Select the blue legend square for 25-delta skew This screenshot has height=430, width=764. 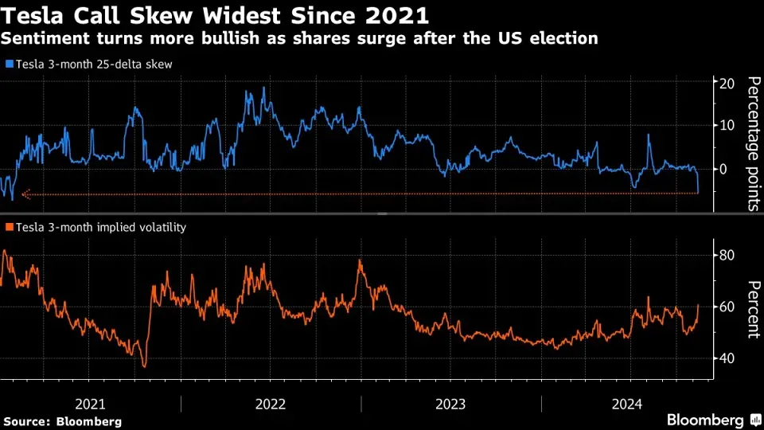pyautogui.click(x=8, y=64)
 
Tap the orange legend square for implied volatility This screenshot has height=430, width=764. pyautogui.click(x=8, y=228)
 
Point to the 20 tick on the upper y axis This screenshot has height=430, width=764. pyautogui.click(x=727, y=84)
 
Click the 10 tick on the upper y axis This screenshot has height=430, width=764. pyautogui.click(x=727, y=126)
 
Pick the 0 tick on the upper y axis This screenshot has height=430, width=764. pyautogui.click(x=723, y=169)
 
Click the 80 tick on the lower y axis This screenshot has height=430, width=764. pyautogui.click(x=727, y=256)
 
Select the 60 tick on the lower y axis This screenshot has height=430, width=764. pyautogui.click(x=727, y=307)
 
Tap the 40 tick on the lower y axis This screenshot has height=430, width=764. pyautogui.click(x=727, y=358)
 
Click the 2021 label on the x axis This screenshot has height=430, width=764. pyautogui.click(x=90, y=404)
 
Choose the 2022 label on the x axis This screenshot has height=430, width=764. pyautogui.click(x=271, y=404)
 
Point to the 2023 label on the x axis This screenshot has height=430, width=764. pyautogui.click(x=451, y=404)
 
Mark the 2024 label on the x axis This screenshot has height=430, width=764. pyautogui.click(x=632, y=404)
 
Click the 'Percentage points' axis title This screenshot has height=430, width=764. pyautogui.click(x=752, y=143)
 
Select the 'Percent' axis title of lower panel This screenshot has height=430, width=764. pyautogui.click(x=752, y=309)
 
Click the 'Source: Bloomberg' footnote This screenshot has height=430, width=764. pyautogui.click(x=62, y=421)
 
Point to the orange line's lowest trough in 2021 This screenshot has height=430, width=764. pyautogui.click(x=144, y=366)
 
